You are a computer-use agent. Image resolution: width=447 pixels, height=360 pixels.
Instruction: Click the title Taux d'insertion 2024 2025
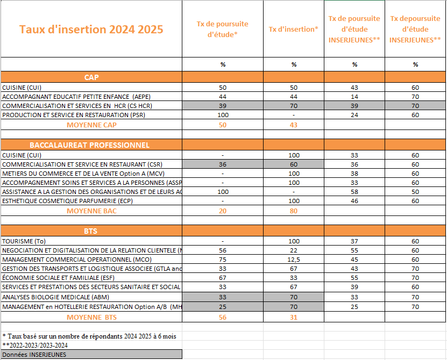(x=91, y=29)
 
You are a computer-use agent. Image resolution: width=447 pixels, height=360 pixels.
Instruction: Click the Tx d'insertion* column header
(x=294, y=29)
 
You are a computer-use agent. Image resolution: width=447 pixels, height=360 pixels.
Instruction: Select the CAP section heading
(x=91, y=77)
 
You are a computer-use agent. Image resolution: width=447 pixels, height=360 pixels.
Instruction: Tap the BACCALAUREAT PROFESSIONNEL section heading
(x=89, y=145)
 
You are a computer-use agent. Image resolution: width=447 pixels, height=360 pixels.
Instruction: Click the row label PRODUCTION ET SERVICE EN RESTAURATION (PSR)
(x=74, y=115)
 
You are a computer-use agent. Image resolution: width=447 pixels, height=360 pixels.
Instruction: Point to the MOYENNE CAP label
(x=91, y=125)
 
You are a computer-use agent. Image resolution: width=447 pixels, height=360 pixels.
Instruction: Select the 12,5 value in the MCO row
(x=294, y=259)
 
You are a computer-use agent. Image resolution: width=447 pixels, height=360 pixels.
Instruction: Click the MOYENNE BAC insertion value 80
(x=294, y=211)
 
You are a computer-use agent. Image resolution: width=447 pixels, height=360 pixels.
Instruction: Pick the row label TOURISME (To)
(x=25, y=241)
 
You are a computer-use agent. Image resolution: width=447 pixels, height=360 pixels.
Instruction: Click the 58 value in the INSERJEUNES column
(x=354, y=192)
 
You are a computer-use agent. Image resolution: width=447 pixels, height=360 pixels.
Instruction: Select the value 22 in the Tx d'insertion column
(x=294, y=250)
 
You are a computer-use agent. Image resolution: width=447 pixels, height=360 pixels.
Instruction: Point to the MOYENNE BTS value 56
(x=223, y=317)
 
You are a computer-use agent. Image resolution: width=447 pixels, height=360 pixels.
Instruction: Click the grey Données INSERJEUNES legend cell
(x=91, y=354)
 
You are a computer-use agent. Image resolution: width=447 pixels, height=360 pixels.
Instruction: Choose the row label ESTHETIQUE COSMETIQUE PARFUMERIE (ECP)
(x=67, y=201)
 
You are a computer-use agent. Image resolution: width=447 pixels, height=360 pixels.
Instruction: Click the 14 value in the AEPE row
(x=354, y=97)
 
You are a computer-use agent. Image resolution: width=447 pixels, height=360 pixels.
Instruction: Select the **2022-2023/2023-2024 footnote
(x=35, y=345)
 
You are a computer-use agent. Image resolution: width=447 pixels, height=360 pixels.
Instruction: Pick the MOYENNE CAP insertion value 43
(x=294, y=125)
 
